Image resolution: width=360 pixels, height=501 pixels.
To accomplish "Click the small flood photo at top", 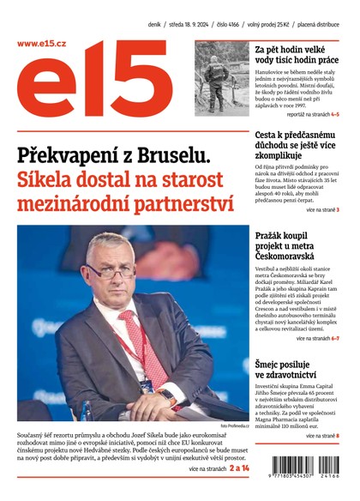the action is click(221, 78).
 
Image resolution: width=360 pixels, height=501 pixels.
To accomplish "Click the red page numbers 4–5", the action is click(334, 113).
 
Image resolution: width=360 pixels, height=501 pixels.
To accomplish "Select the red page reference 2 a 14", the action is click(234, 468).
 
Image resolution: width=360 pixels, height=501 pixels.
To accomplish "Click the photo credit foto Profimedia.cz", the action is click(234, 426).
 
